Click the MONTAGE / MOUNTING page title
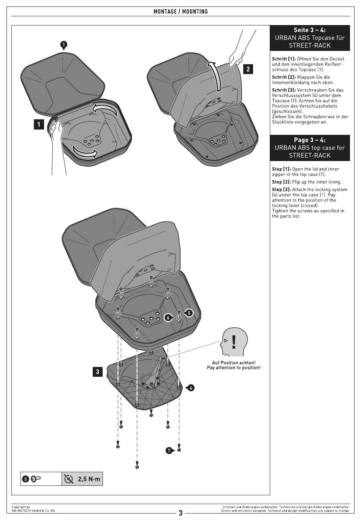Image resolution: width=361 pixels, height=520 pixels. pyautogui.click(x=180, y=12)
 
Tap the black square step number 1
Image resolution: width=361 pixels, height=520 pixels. pyautogui.click(x=39, y=125)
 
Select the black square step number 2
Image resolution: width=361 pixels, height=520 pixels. pyautogui.click(x=248, y=69)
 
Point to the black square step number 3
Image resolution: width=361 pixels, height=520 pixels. pyautogui.click(x=97, y=371)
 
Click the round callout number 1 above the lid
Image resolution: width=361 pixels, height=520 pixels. pyautogui.click(x=64, y=45)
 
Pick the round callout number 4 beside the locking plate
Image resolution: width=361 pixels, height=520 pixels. pyautogui.click(x=190, y=388)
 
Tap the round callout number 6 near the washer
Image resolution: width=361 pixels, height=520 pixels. pyautogui.click(x=169, y=318)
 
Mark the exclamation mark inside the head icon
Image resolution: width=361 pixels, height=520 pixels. pyautogui.click(x=234, y=342)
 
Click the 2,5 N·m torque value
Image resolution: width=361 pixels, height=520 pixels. pyautogui.click(x=89, y=479)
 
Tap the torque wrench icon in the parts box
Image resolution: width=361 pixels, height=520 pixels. pyautogui.click(x=68, y=479)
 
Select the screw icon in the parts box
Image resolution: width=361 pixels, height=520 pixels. pyautogui.click(x=36, y=479)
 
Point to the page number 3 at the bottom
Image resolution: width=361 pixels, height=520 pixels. pyautogui.click(x=180, y=513)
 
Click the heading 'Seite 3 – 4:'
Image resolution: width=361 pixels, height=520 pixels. pyautogui.click(x=310, y=30)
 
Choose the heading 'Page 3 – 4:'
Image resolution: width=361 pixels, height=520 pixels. pyautogui.click(x=310, y=140)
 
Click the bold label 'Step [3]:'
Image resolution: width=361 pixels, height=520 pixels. pyautogui.click(x=281, y=190)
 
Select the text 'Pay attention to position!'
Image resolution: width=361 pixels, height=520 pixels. pyautogui.click(x=234, y=368)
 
